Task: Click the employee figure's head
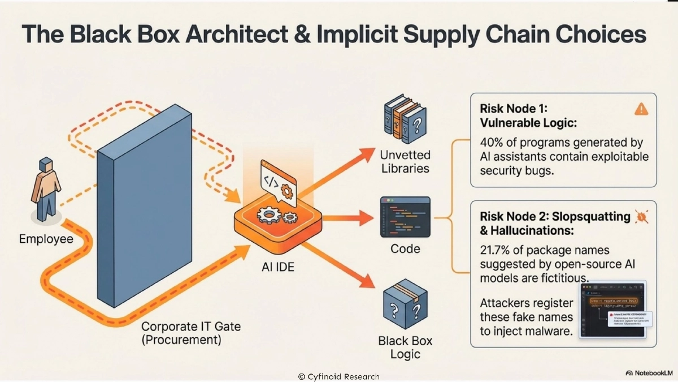pyautogui.click(x=45, y=165)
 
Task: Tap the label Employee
pyautogui.click(x=46, y=239)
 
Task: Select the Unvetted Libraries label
pyautogui.click(x=405, y=161)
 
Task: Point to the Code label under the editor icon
pyautogui.click(x=405, y=248)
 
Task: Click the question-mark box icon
pyautogui.click(x=405, y=305)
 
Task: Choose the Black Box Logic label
pyautogui.click(x=405, y=347)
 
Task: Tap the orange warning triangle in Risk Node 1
pyautogui.click(x=641, y=109)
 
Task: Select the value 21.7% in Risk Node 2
pyautogui.click(x=497, y=250)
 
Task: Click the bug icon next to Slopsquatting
pyautogui.click(x=642, y=216)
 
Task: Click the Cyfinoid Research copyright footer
pyautogui.click(x=338, y=376)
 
